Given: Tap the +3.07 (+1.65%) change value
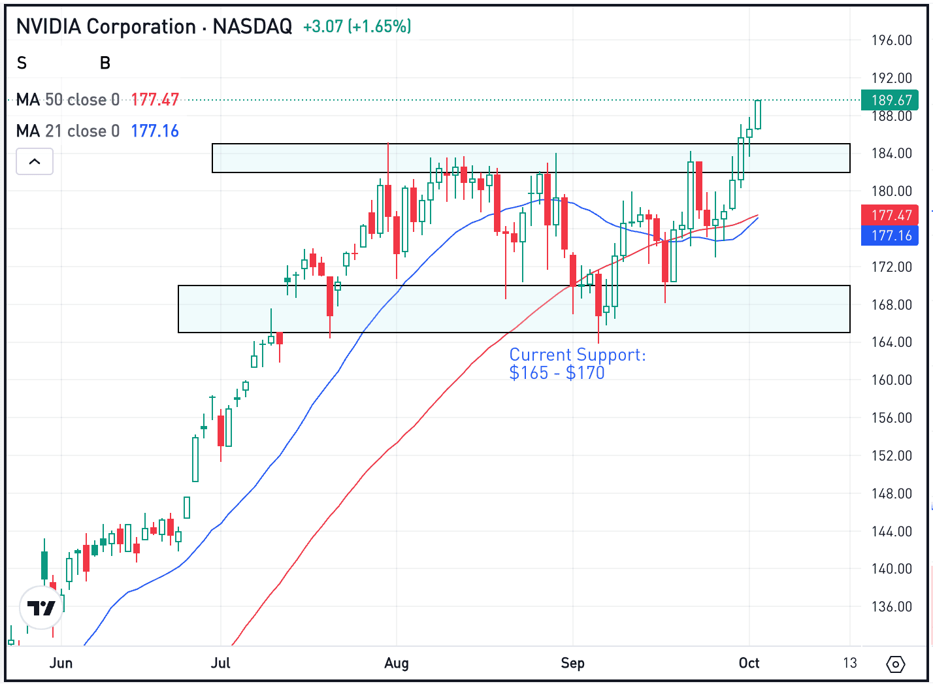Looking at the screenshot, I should pos(357,27).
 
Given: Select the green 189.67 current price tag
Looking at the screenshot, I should pos(890,100).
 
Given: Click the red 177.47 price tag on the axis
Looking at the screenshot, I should pos(890,215).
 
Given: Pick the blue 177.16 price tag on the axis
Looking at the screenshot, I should pos(890,235).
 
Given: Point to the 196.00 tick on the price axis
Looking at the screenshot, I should pos(891,41).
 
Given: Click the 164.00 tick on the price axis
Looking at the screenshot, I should pos(891,342).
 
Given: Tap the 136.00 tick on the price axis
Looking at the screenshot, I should pos(891,607).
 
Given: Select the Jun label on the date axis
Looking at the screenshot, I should pos(61,663).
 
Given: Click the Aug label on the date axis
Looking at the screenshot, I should pos(397,663).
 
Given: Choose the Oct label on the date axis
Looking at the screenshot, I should pos(749,663).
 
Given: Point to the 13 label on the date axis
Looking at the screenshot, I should pos(849,663).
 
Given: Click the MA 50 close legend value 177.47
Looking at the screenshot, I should pos(155,100).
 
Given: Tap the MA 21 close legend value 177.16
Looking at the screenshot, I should pos(155,131).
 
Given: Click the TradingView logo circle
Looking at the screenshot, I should pos(41,608).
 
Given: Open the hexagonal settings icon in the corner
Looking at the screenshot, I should pos(895,664).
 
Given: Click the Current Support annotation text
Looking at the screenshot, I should pos(577,363).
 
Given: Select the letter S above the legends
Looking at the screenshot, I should pos(22,63).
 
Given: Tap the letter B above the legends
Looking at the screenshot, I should pos(105,63).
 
